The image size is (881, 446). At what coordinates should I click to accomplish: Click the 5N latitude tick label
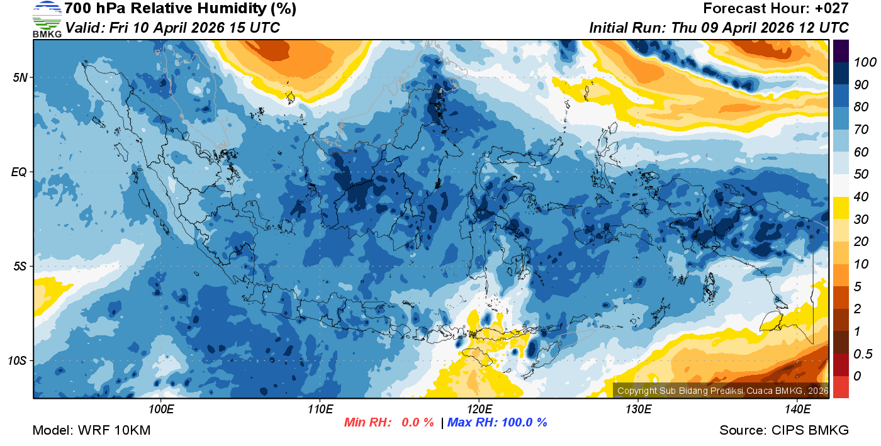point(20,77)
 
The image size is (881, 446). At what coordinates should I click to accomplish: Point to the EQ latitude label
point(20,172)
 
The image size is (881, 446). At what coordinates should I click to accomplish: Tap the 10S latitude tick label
point(18,360)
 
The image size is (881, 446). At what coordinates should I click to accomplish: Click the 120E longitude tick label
point(479,410)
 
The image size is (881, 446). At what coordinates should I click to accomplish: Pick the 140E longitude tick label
point(797,410)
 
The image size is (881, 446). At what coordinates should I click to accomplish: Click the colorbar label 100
point(860,62)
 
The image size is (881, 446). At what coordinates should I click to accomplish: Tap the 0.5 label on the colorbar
point(861,354)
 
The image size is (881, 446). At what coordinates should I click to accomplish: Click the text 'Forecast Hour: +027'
point(776,9)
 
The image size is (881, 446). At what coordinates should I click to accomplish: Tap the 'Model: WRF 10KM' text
point(91,430)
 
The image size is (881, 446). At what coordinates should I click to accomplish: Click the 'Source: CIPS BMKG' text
point(784,430)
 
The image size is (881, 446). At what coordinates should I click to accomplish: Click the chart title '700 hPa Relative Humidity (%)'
point(171,9)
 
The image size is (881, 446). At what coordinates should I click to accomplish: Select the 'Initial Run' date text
point(719,28)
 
